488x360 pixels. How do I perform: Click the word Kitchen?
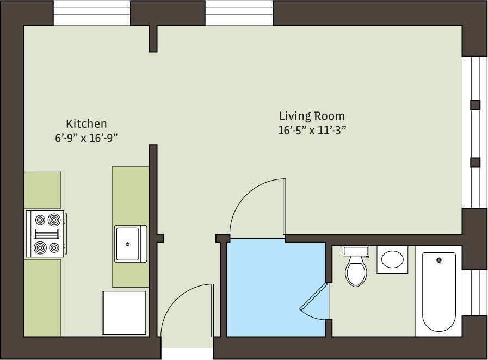[x=86, y=123]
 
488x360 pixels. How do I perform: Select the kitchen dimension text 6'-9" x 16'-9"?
[x=86, y=138]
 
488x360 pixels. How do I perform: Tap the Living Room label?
[x=312, y=116]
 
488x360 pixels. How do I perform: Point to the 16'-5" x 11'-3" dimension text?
[x=312, y=130]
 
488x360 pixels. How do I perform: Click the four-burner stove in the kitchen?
[x=46, y=234]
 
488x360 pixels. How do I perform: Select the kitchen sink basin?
[x=130, y=244]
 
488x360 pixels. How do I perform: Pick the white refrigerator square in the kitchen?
[x=125, y=313]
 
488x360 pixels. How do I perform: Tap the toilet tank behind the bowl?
[x=356, y=251]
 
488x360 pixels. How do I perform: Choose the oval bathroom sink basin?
[x=392, y=259]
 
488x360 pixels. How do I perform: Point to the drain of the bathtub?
[x=438, y=260]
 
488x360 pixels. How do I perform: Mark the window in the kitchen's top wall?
[x=92, y=13]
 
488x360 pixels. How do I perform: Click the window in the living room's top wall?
[x=239, y=13]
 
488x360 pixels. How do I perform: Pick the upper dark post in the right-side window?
[x=475, y=105]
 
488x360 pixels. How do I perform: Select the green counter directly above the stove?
[x=42, y=189]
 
